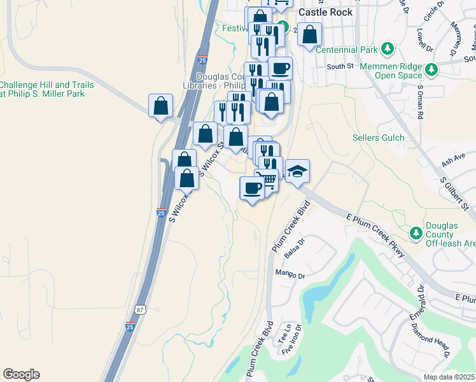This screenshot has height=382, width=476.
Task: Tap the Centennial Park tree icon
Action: click(x=386, y=49)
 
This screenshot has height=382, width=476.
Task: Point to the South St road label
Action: click(x=340, y=66)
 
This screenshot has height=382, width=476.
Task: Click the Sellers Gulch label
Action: click(x=374, y=138)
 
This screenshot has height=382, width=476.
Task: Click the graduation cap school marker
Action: click(x=297, y=171)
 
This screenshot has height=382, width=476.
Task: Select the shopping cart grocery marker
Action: click(x=269, y=180)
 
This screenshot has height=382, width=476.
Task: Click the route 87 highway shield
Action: click(x=139, y=309)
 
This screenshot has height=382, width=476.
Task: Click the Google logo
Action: click(x=21, y=374)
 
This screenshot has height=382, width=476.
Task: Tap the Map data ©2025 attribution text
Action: click(x=449, y=377)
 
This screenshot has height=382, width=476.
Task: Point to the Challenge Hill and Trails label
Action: click(x=46, y=89)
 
